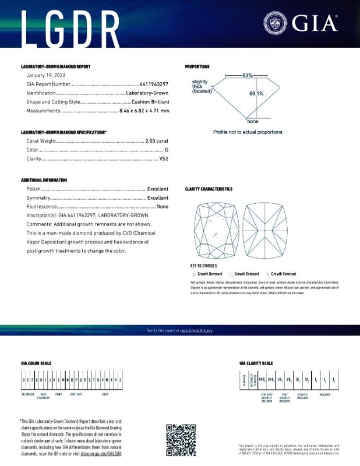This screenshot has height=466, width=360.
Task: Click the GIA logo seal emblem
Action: tap(276, 24)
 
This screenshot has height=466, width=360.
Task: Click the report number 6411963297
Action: tap(154, 84)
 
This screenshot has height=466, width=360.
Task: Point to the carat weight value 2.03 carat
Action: tap(157, 142)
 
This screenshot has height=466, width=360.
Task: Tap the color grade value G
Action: tap(167, 150)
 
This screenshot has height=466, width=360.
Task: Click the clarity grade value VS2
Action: tap(164, 158)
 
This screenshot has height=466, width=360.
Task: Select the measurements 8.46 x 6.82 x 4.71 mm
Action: tap(144, 110)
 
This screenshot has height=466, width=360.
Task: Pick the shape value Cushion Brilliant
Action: tap(149, 101)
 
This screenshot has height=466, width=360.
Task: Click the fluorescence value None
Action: tap(163, 206)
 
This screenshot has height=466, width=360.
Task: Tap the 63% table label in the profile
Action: tap(248, 76)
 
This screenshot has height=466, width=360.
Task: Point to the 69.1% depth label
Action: tap(256, 93)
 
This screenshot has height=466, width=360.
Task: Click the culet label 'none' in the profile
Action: tap(252, 121)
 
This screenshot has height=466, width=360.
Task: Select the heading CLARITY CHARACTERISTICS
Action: tap(209, 189)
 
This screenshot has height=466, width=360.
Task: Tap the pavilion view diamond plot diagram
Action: tap(268, 231)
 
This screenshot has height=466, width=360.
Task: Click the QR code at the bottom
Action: tap(181, 440)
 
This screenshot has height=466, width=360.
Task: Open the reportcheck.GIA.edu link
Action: tap(196, 330)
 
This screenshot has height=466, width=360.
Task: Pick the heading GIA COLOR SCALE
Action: tap(36, 363)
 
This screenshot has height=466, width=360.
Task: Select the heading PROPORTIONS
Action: tap(197, 67)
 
